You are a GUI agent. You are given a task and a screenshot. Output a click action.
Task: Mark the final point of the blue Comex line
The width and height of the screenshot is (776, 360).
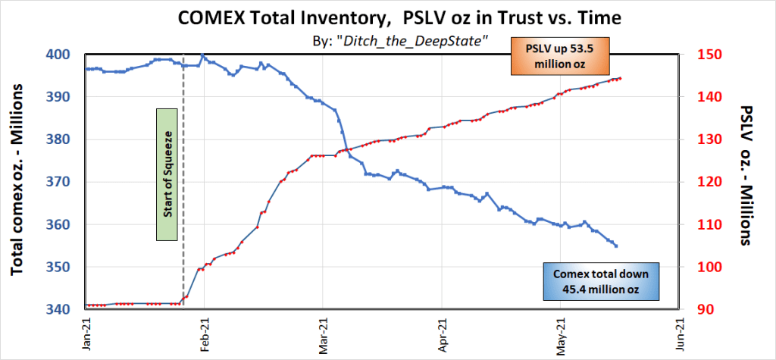pos(616,246)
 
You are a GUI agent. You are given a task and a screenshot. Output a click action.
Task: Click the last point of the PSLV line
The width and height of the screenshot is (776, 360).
pos(621,78)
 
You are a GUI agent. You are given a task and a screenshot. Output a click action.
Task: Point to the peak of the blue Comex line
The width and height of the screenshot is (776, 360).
pos(203,55)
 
